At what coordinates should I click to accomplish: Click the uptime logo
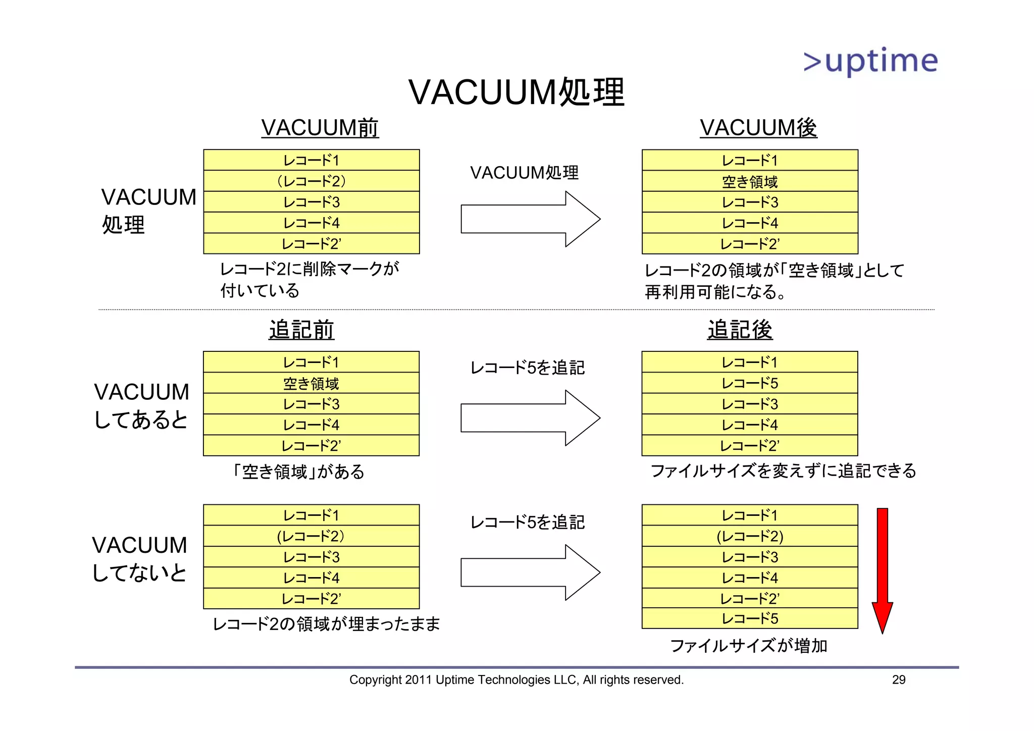point(870,61)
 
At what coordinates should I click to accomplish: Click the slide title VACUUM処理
point(516,92)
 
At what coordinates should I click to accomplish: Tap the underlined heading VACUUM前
point(320,127)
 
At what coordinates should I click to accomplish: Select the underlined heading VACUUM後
point(758,127)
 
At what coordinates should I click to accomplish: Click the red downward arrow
point(882,570)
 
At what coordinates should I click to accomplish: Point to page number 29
point(899,680)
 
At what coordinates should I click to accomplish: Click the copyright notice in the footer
point(516,680)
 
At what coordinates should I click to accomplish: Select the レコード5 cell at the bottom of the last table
point(750,618)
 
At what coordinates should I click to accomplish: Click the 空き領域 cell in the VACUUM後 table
point(750,181)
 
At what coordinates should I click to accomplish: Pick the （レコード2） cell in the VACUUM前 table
point(312,181)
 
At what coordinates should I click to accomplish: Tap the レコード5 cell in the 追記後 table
point(750,383)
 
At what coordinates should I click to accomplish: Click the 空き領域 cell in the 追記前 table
point(311,383)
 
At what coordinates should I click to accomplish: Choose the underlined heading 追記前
point(301,330)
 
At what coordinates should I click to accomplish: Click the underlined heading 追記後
point(740,330)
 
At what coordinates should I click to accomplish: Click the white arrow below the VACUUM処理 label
point(530,219)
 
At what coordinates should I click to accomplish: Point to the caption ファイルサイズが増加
point(748,646)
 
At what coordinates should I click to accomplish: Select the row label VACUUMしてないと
point(140,559)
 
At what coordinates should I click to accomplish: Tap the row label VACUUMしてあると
point(141,405)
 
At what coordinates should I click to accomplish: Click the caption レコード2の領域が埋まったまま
point(326,624)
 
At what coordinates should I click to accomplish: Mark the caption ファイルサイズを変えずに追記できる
point(783,471)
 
